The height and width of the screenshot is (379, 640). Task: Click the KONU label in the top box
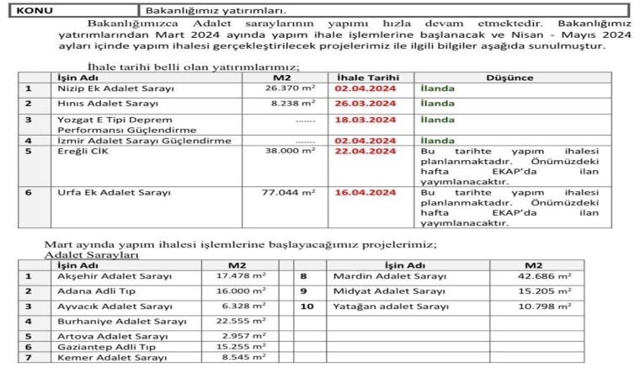(x=35, y=12)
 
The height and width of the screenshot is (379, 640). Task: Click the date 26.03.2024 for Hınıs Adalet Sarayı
(x=365, y=103)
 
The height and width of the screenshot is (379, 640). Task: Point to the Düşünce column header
(x=509, y=77)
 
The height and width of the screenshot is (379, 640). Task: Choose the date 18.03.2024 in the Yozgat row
(x=365, y=120)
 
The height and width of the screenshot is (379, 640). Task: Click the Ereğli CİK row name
(x=83, y=152)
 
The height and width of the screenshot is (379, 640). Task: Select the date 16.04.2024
(x=365, y=192)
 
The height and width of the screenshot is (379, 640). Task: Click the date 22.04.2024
(x=365, y=152)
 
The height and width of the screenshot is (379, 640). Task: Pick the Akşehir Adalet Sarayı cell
(x=114, y=276)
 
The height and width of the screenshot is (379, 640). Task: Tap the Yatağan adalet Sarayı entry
(x=392, y=307)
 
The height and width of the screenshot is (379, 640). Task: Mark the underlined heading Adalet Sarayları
(x=92, y=254)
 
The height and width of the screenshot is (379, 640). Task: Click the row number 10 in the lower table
(x=307, y=307)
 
